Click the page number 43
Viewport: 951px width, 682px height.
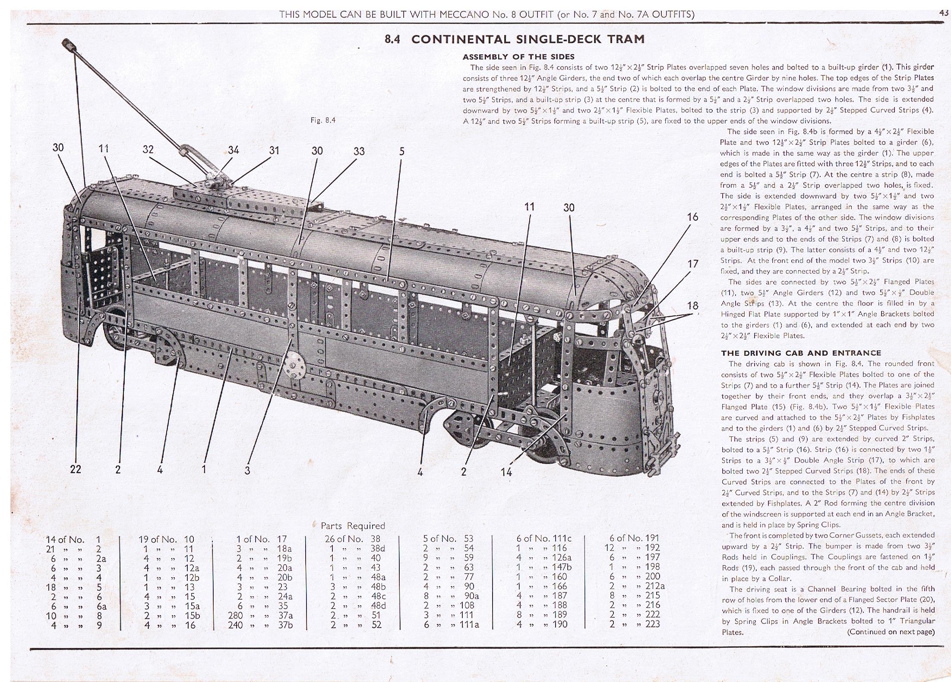(944, 13)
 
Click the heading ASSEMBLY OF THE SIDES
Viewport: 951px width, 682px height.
(518, 57)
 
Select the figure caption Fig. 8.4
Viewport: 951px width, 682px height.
(323, 120)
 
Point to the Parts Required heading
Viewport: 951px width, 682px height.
(353, 526)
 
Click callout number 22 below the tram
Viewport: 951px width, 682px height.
(76, 469)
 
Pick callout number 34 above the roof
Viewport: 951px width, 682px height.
(234, 150)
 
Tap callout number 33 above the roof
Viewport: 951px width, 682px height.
(359, 151)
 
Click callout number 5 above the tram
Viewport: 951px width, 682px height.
(402, 151)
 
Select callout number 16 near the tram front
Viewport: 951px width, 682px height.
(692, 217)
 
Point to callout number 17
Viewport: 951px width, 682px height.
(692, 264)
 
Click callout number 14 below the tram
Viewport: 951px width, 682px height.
(506, 472)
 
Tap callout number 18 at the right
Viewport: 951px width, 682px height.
(692, 306)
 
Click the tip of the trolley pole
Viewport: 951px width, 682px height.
(68, 44)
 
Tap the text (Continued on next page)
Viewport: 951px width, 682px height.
(891, 632)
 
